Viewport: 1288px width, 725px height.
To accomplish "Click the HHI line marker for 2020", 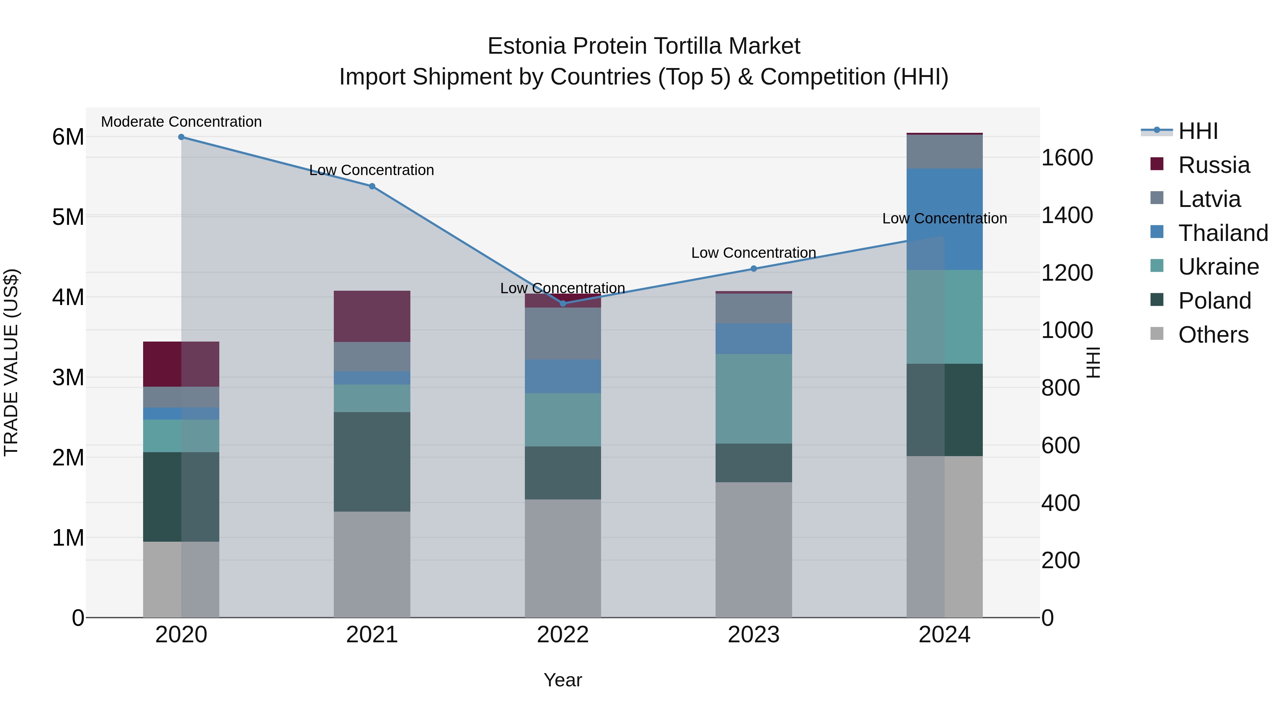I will [181, 137].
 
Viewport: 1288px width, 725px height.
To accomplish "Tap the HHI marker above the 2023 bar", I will [754, 269].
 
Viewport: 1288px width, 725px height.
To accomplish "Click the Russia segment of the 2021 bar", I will [372, 316].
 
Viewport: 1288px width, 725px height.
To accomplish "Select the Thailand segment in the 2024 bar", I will [945, 219].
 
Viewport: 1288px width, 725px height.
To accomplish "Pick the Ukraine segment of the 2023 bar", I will [754, 399].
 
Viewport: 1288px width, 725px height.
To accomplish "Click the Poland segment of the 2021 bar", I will [372, 461].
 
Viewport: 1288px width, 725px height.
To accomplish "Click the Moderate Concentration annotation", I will [181, 122].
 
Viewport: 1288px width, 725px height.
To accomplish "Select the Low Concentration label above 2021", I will [371, 170].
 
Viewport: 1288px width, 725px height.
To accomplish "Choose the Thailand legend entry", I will [1223, 233].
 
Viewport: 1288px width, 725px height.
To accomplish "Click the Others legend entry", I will [1213, 335].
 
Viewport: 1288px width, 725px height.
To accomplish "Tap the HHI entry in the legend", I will [1197, 131].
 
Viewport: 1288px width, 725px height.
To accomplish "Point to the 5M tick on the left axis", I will [68, 217].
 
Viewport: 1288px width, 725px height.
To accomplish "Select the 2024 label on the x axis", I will [945, 635].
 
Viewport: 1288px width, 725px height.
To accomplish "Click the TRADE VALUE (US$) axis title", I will [11, 362].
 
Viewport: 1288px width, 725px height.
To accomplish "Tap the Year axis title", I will [562, 680].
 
